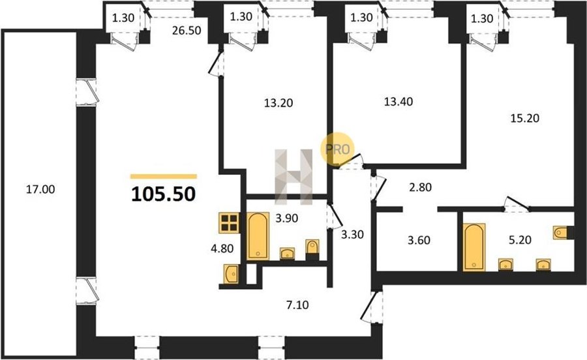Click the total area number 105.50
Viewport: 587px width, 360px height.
coord(164,194)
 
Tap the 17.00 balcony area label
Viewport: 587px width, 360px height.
coord(40,189)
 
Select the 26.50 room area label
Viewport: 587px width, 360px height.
coord(187,30)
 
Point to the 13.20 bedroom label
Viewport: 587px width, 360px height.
coord(278,103)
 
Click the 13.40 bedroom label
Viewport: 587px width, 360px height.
coord(399,102)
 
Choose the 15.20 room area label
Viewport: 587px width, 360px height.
coord(525,118)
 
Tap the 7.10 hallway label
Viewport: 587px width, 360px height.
coord(297,305)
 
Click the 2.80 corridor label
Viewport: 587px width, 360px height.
coord(421,187)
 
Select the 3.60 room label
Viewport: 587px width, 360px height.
coord(419,240)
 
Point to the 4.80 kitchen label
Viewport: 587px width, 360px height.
coord(222,248)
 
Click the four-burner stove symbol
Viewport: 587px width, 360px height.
coord(229,222)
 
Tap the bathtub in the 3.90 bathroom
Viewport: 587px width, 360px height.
coord(258,236)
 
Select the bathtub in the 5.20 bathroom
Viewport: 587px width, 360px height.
coord(474,247)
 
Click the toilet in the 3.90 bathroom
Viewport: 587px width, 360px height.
coord(312,248)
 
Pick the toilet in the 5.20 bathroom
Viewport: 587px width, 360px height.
coord(560,232)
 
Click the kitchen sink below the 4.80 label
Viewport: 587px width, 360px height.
coord(231,273)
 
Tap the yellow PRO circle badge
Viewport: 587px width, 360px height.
coord(337,149)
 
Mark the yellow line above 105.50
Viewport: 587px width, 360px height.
coord(164,177)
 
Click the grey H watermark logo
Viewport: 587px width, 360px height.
coord(294,177)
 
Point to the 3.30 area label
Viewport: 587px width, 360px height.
coord(352,235)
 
